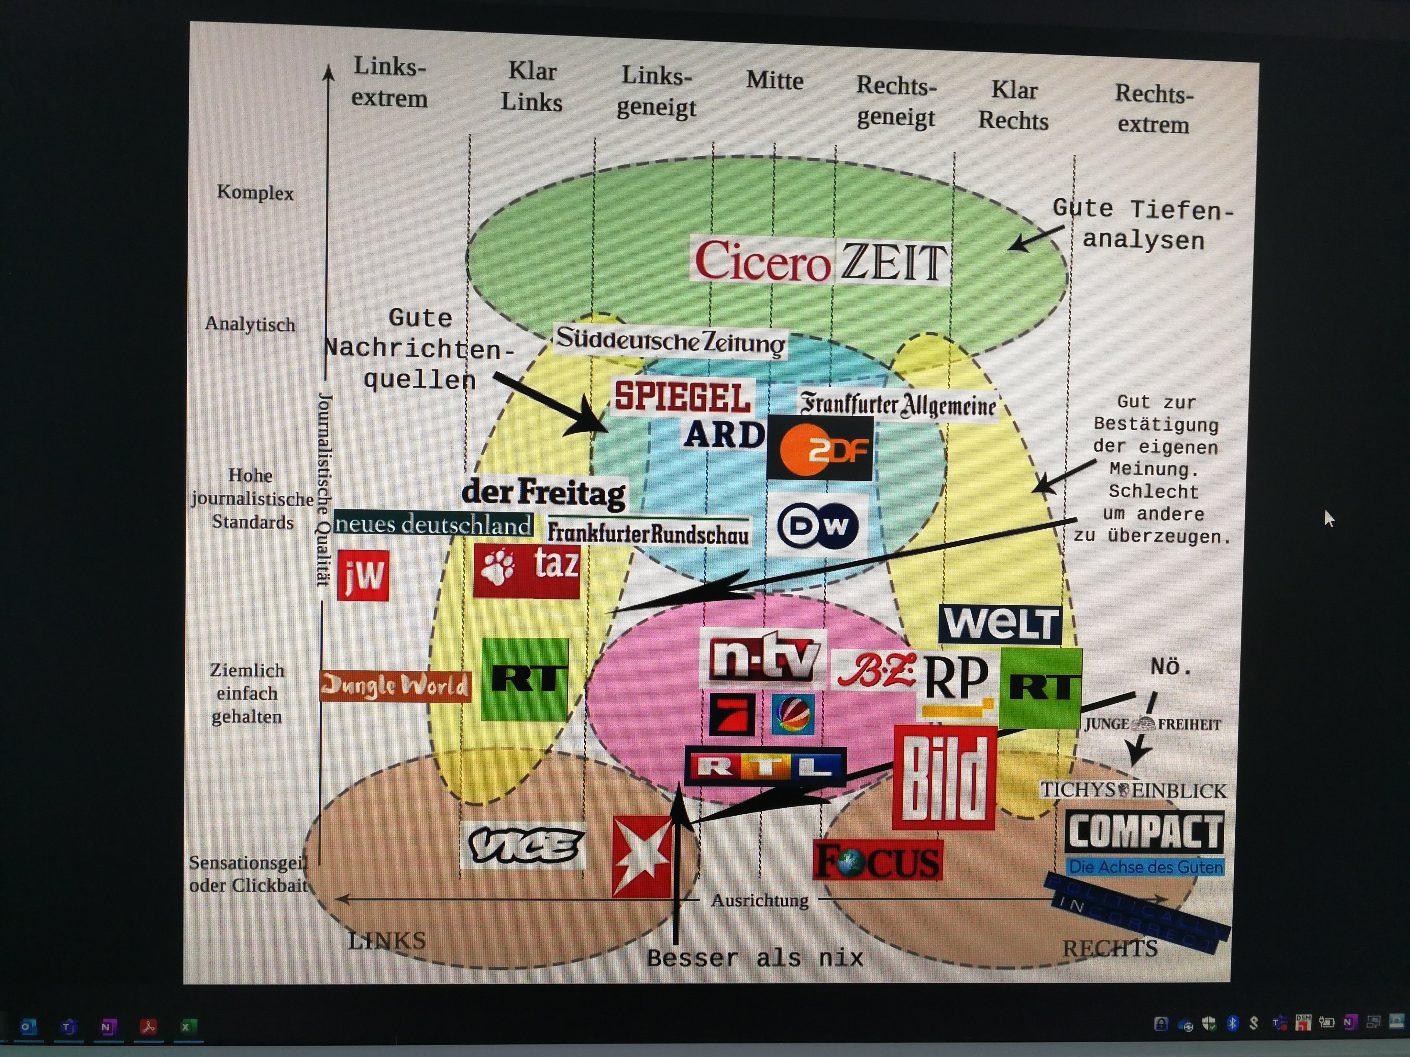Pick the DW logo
click(817, 525)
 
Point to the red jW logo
click(363, 575)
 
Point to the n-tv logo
click(764, 658)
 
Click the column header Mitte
click(774, 81)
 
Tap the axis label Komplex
click(255, 192)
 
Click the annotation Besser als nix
click(755, 958)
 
